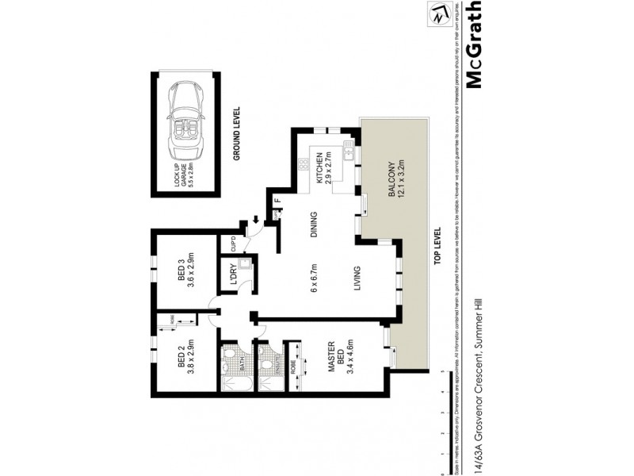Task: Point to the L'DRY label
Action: [234, 274]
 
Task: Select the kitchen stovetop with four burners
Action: [302, 167]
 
